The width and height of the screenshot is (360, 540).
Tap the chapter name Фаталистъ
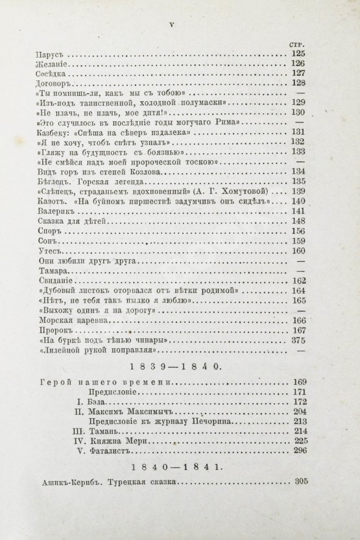(117, 450)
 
